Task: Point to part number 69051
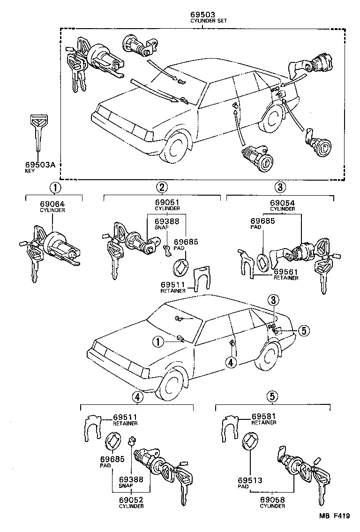[x=167, y=203]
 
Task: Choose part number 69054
[x=282, y=203]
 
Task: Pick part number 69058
[x=272, y=500]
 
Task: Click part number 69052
[x=131, y=500]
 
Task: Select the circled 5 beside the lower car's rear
[x=303, y=331]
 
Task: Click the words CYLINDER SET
[x=202, y=22]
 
